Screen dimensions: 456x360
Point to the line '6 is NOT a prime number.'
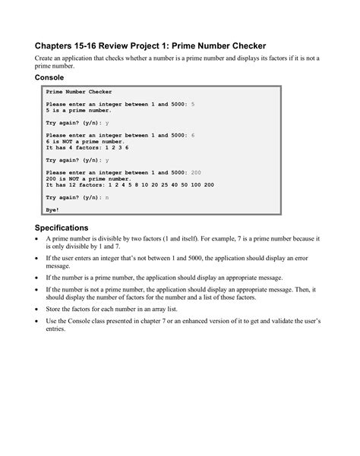pos(86,141)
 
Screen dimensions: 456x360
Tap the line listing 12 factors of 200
pos(130,184)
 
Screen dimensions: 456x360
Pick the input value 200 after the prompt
pos(196,172)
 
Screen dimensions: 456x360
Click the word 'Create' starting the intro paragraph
pos(46,58)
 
